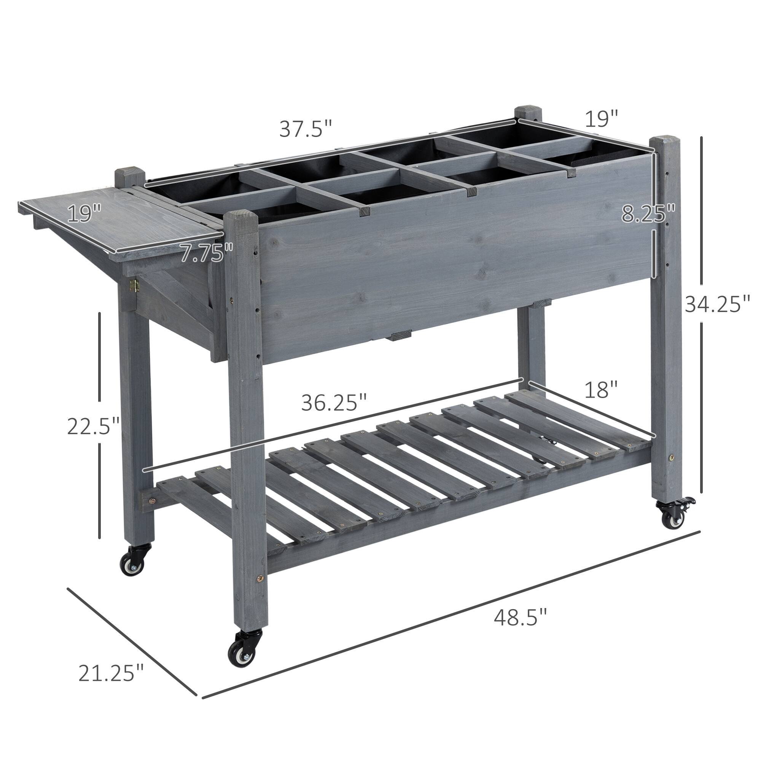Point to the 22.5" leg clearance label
coord(93,426)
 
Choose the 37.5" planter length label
coord(306,129)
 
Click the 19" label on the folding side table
coord(84,213)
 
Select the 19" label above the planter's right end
coord(602,119)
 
